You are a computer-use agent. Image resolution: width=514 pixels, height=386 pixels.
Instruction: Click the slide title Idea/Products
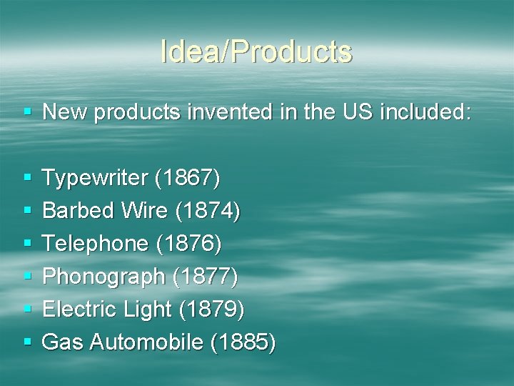(x=256, y=51)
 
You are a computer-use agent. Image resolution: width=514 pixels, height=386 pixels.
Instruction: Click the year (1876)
(x=188, y=244)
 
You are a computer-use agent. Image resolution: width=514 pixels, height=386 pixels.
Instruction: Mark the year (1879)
(x=211, y=310)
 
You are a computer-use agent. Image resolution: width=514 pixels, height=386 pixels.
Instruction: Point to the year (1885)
(x=242, y=342)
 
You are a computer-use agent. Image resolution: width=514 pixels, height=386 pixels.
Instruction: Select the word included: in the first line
(x=425, y=112)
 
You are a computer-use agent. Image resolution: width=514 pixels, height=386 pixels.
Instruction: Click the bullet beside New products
(x=27, y=113)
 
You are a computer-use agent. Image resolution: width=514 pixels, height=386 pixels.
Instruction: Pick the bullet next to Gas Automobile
(x=27, y=343)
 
